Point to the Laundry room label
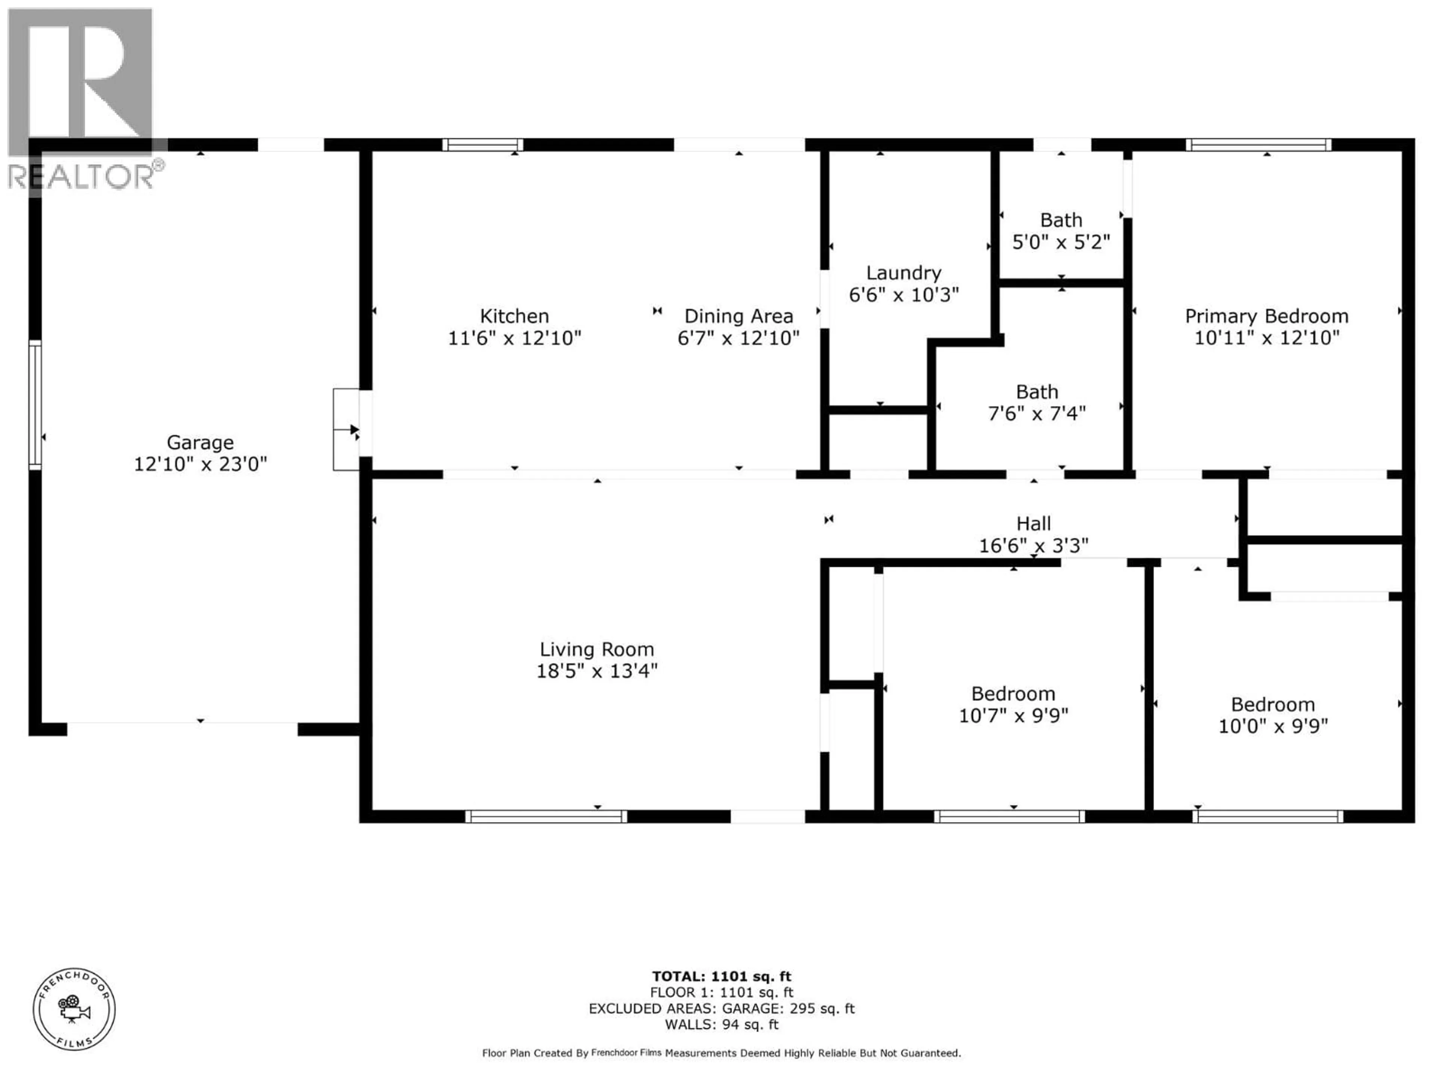903,273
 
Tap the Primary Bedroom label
1266,317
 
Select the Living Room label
596,649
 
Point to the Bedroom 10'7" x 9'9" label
1013,694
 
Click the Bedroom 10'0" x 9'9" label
1273,705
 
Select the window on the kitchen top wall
483,145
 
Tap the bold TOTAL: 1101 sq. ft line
721,977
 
